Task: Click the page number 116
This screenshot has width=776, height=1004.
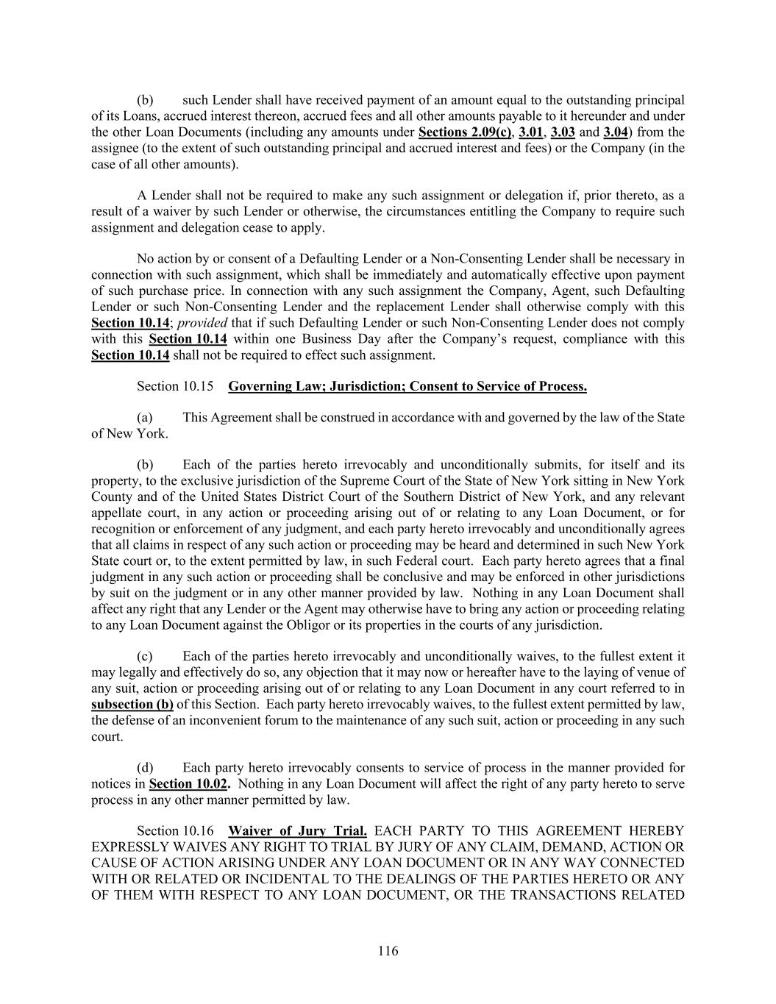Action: tap(388, 951)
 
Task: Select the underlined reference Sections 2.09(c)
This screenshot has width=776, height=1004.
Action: tap(465, 132)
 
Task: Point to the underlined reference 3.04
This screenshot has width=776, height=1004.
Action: tap(616, 132)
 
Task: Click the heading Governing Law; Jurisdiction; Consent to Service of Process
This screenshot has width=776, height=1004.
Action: tap(407, 386)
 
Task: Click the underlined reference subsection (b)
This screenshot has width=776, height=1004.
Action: tap(132, 704)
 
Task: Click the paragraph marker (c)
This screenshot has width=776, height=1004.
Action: tap(146, 656)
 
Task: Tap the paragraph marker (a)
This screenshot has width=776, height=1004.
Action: tap(146, 418)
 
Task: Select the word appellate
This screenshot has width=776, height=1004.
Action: tap(116, 513)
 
